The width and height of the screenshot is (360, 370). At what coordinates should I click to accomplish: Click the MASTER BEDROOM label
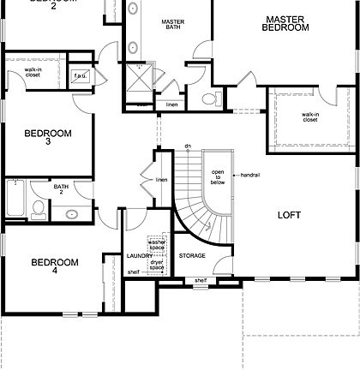pos(286,23)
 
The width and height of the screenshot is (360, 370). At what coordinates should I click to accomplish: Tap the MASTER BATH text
pos(173,26)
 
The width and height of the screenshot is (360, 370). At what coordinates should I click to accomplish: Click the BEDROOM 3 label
pos(47,137)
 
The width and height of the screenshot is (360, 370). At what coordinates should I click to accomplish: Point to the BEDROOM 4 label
pos(55,266)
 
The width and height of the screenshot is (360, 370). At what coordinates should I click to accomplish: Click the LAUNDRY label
pos(139,256)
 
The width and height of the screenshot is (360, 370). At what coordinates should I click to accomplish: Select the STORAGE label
pos(191,256)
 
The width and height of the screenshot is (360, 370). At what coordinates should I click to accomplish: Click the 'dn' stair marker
pos(187,147)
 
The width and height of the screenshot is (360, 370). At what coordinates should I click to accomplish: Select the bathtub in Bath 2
pos(15,199)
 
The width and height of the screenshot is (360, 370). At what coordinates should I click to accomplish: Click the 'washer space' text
pos(156,246)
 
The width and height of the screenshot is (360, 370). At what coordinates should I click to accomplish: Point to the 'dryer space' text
pos(156,265)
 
